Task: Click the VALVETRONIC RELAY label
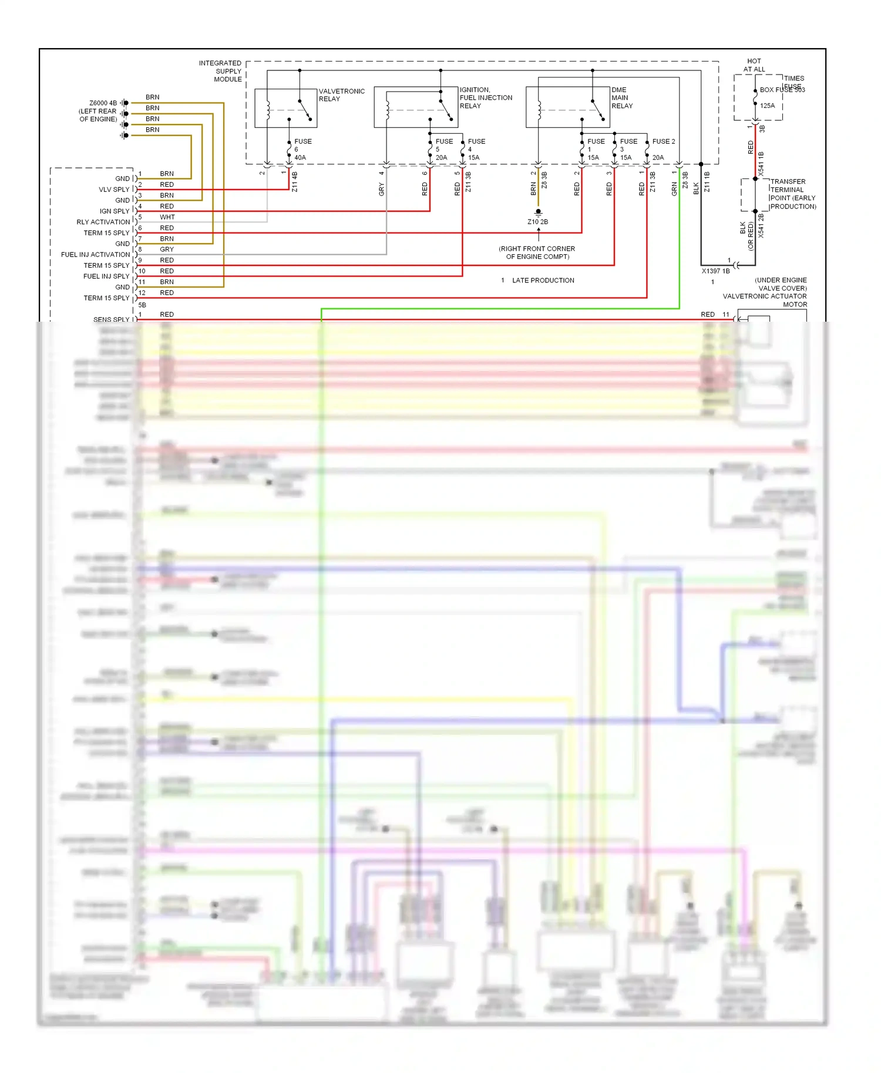[341, 95]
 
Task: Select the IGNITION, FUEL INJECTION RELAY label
[486, 98]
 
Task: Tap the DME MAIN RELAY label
[622, 98]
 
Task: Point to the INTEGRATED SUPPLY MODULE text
[221, 71]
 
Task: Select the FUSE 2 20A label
[663, 149]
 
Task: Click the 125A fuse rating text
[767, 106]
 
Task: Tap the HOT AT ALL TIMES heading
[755, 65]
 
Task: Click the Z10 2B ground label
[537, 222]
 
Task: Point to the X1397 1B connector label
[715, 271]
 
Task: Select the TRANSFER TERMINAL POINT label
[792, 194]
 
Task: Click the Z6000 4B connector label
[103, 103]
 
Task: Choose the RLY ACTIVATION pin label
[103, 222]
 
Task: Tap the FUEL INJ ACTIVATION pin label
[95, 255]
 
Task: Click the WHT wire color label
[167, 217]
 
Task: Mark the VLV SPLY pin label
[114, 190]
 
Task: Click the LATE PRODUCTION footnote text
[543, 281]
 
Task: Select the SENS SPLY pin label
[111, 319]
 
